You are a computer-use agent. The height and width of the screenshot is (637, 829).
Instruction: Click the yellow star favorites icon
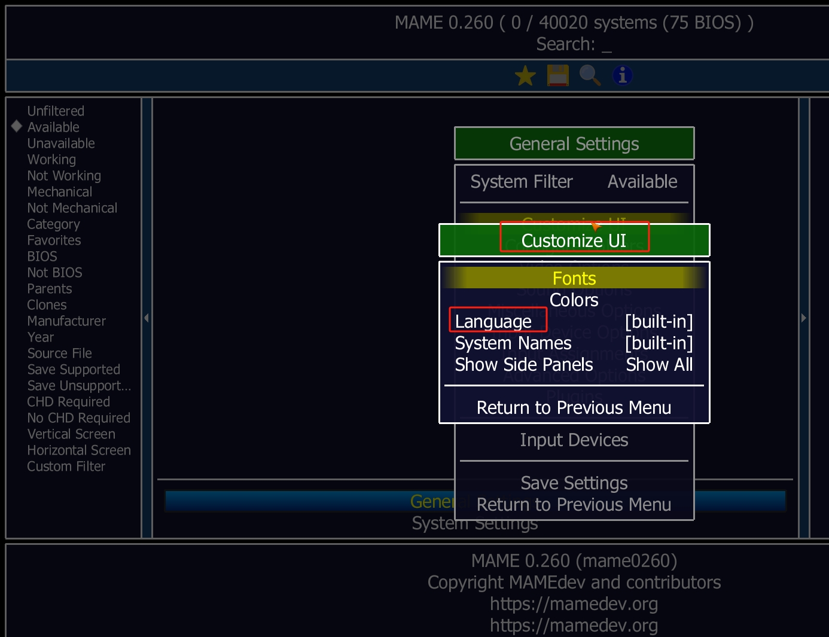tap(525, 76)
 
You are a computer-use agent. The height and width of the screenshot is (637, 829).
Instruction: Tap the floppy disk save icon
tap(557, 76)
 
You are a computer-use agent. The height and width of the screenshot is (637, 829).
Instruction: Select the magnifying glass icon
tap(590, 76)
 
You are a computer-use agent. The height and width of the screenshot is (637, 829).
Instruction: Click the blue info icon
tap(622, 76)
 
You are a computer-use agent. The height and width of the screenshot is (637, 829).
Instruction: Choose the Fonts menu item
tap(574, 279)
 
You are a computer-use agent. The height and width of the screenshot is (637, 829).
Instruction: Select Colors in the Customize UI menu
tap(574, 300)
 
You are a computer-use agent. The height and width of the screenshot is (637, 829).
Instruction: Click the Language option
tap(494, 322)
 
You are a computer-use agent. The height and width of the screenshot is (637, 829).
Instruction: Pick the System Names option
tap(513, 343)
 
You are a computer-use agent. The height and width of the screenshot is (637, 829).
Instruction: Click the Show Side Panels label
tap(524, 365)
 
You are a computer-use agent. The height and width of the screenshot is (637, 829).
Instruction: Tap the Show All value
tap(659, 365)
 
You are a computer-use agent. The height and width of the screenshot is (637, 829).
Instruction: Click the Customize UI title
tap(574, 240)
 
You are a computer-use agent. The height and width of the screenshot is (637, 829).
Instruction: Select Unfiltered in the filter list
tap(56, 111)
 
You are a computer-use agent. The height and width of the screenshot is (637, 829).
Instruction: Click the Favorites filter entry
tap(54, 240)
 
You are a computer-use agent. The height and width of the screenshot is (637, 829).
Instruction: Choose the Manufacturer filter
tap(66, 321)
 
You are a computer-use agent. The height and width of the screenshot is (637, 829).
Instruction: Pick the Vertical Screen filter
tap(71, 434)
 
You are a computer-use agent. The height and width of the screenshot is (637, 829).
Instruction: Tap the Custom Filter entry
tap(66, 467)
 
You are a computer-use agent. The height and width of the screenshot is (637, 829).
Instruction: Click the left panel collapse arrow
tap(147, 318)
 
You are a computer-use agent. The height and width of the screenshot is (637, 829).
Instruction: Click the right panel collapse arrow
tap(804, 318)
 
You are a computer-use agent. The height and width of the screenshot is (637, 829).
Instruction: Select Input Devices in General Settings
tap(574, 440)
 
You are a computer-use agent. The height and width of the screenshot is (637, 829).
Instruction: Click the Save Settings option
tap(574, 483)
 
